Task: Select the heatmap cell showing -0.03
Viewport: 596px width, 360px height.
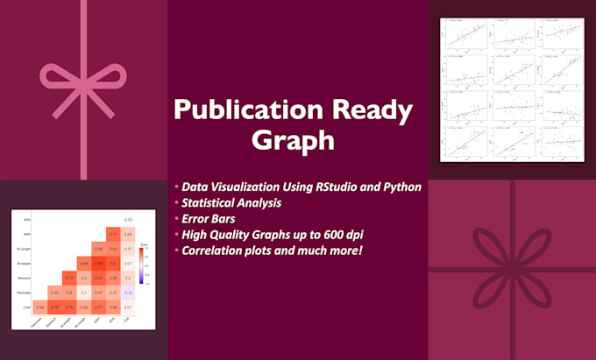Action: [128, 219]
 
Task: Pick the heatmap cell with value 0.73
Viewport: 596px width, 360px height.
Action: [113, 234]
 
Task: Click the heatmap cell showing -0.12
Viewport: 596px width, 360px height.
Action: [128, 293]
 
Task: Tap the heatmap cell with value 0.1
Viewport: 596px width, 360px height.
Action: [82, 293]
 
